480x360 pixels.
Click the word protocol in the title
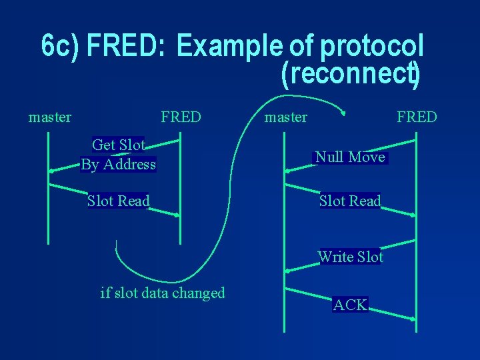[x=371, y=46]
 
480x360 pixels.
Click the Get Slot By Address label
[x=118, y=154]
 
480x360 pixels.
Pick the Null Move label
[x=350, y=157]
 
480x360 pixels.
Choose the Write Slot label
[x=351, y=257]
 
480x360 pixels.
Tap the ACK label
[x=350, y=305]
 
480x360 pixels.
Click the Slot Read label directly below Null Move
[x=350, y=201]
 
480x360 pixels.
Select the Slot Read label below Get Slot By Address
[x=119, y=201]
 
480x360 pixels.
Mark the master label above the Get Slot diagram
[x=50, y=117]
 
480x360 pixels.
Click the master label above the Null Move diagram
[x=286, y=117]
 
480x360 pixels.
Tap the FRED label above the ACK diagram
[x=417, y=117]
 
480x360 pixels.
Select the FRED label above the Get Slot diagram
[x=181, y=117]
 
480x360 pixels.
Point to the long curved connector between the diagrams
[x=220, y=213]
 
